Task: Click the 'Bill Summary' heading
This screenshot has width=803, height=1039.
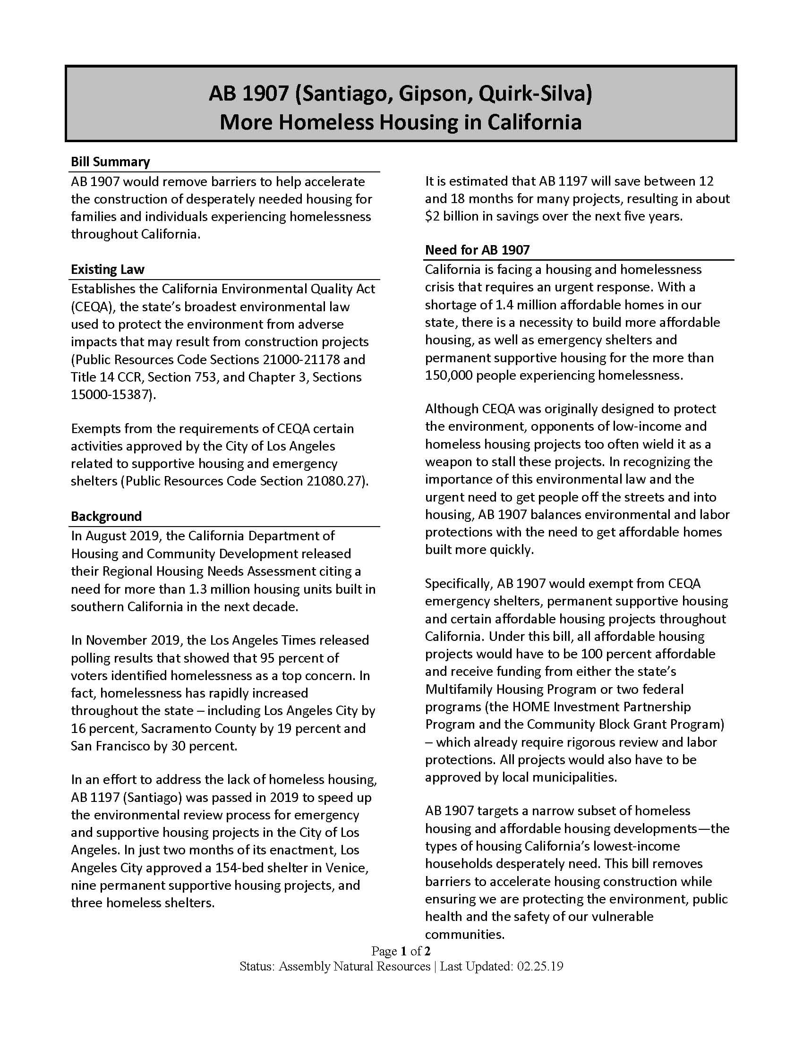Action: pos(110,162)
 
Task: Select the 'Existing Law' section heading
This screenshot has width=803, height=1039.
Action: pos(108,270)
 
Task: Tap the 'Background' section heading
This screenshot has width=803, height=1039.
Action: pos(106,516)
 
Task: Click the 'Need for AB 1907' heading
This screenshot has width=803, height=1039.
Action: pos(477,250)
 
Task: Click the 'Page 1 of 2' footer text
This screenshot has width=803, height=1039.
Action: pos(401,951)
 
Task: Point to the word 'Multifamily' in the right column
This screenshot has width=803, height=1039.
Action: pos(459,690)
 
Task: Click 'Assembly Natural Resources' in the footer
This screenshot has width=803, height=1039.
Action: pos(354,966)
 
